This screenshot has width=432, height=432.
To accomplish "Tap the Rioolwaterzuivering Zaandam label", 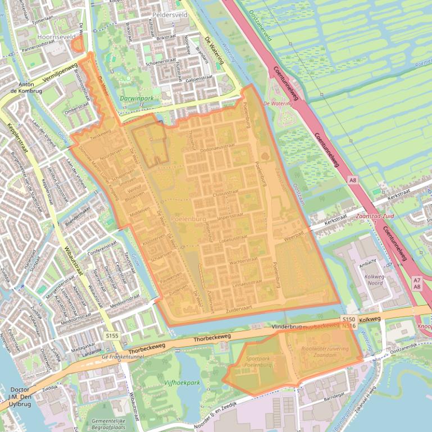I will (x=325, y=352).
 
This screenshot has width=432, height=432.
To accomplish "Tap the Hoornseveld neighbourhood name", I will (x=56, y=37).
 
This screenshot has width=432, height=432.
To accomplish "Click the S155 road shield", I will (x=112, y=336).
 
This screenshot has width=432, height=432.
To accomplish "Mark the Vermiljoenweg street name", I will (x=59, y=72).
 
